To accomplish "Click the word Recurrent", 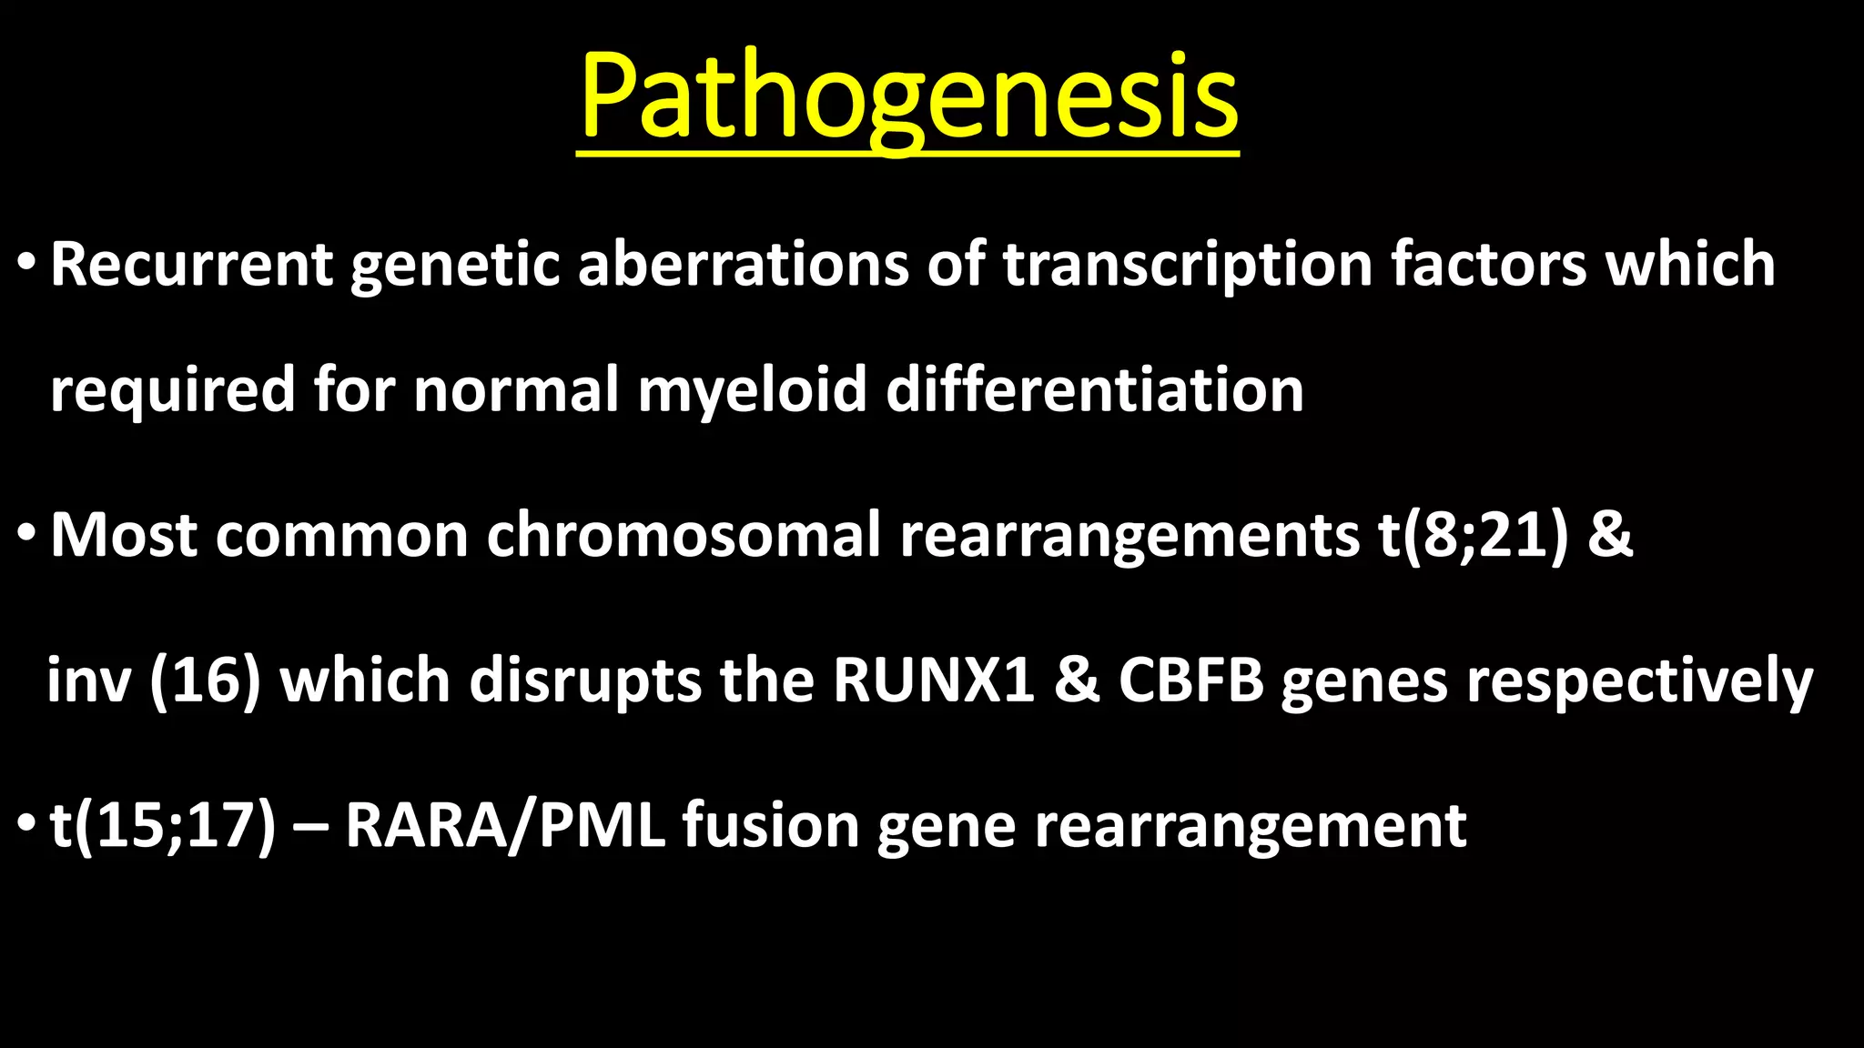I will click(x=192, y=265).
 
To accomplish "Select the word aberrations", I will click(x=743, y=265).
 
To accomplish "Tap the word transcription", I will click(x=1187, y=265).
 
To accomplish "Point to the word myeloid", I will click(x=752, y=389).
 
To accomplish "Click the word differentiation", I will click(x=1094, y=389).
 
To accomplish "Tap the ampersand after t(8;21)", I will click(x=1610, y=535).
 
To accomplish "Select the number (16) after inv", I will click(x=205, y=680).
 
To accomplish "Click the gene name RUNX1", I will click(x=934, y=680).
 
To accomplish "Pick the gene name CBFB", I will click(x=1190, y=680).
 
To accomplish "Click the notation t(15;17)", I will click(x=162, y=826).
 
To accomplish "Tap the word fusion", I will click(x=770, y=826).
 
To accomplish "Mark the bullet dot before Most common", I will click(x=26, y=537).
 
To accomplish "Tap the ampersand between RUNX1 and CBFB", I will click(x=1076, y=680).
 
